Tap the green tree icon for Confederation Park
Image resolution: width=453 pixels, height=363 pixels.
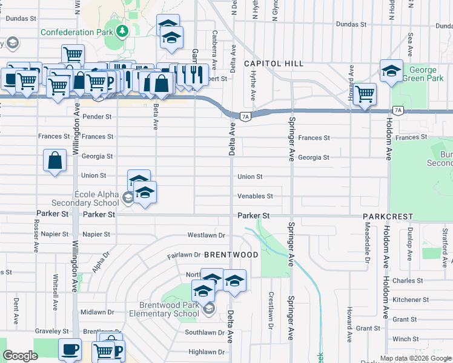[x=123, y=30]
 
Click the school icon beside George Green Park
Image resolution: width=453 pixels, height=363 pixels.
[x=391, y=71]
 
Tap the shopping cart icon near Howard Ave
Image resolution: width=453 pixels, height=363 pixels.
[x=365, y=94]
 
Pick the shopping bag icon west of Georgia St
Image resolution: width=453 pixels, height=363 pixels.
[x=55, y=161]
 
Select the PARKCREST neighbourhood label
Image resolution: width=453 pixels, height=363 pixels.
[x=388, y=216]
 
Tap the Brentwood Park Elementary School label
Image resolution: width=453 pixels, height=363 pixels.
[x=160, y=309]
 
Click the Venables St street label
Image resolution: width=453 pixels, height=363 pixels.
[x=255, y=196]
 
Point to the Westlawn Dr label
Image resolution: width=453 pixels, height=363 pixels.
[x=206, y=235]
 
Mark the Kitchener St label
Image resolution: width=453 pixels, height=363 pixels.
[x=411, y=299]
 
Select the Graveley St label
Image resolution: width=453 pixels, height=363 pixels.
[x=51, y=331]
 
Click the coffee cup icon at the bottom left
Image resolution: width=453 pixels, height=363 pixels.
[x=70, y=349]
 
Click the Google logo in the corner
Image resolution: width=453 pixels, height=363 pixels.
[x=21, y=356]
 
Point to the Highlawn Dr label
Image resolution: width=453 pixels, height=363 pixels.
[x=207, y=352]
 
